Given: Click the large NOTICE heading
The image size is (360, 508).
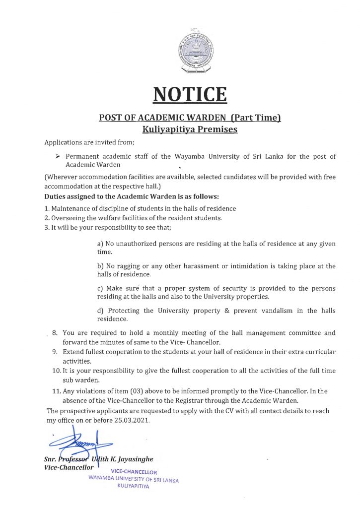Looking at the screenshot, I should (x=190, y=94).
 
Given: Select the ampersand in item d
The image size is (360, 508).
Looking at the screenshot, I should (x=216, y=311).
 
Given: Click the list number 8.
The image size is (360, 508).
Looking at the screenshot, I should (x=56, y=333).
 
